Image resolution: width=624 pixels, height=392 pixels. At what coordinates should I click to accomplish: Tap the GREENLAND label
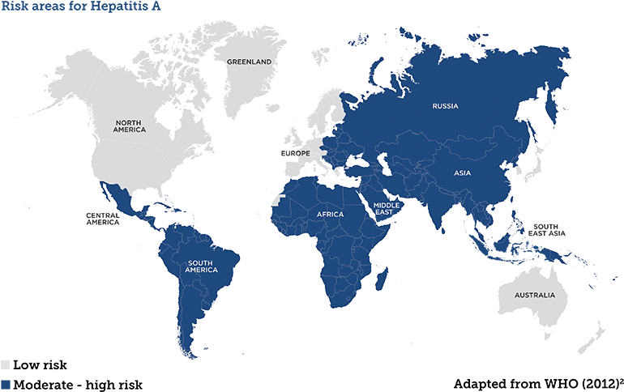tap(250, 62)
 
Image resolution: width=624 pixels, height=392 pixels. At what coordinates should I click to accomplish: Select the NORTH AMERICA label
tap(130, 126)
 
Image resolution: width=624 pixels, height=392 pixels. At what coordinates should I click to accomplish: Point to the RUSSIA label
tap(445, 106)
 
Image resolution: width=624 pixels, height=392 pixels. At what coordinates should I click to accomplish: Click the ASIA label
tap(463, 173)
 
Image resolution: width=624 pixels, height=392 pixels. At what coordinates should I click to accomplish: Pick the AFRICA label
tap(330, 215)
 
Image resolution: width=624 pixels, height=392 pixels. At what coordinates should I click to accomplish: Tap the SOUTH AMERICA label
tap(202, 266)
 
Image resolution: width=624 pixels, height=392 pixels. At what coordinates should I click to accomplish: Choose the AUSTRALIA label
tap(536, 295)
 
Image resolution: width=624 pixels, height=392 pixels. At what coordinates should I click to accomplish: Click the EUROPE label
tap(295, 153)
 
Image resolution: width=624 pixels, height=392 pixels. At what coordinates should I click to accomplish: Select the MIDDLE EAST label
tap(387, 208)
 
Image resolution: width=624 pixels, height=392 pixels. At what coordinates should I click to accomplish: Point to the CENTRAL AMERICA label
tap(103, 219)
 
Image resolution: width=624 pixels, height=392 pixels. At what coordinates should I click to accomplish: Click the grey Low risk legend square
tap(6, 364)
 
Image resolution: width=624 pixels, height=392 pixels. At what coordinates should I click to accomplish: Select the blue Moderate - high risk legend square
tap(6, 383)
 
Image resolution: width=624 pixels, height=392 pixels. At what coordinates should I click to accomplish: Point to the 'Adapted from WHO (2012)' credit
tap(536, 383)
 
